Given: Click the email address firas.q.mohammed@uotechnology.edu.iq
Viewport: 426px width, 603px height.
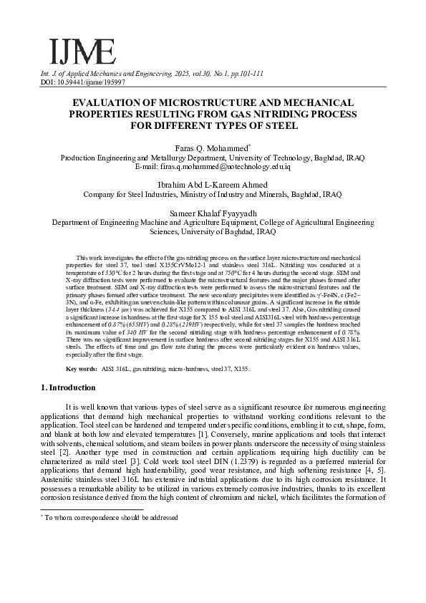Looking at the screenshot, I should point(213,166).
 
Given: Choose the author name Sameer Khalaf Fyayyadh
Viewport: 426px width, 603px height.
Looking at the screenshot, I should point(213,213).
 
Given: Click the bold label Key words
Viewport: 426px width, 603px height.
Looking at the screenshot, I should point(81,368).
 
